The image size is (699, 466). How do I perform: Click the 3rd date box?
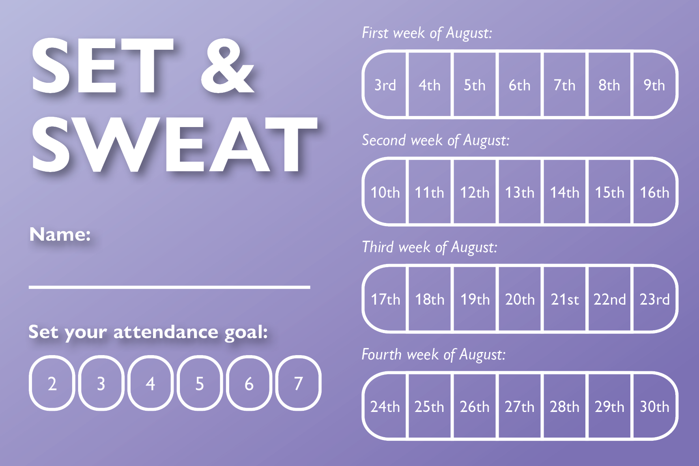pyautogui.click(x=385, y=84)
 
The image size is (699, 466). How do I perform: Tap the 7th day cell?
pyautogui.click(x=564, y=84)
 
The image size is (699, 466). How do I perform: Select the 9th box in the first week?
pyautogui.click(x=655, y=84)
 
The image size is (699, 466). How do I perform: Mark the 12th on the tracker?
pyautogui.click(x=475, y=192)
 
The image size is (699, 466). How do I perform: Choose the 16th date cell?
pyautogui.click(x=655, y=192)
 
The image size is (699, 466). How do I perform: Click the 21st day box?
pyautogui.click(x=564, y=299)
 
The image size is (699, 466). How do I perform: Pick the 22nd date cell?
pyautogui.click(x=609, y=299)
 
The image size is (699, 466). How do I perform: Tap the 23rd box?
pyautogui.click(x=655, y=299)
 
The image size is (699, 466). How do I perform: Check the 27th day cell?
pyautogui.click(x=520, y=406)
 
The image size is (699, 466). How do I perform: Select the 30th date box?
pyautogui.click(x=655, y=406)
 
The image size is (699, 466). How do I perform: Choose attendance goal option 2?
pyautogui.click(x=52, y=383)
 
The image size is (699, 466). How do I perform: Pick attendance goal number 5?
pyautogui.click(x=200, y=383)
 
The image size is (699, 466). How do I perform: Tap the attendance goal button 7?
pyautogui.click(x=299, y=383)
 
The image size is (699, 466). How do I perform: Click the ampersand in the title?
pyautogui.click(x=228, y=66)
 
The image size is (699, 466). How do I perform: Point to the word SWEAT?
pyautogui.click(x=175, y=145)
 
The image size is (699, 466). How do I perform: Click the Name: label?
pyautogui.click(x=60, y=234)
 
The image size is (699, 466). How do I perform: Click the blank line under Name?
pyautogui.click(x=170, y=287)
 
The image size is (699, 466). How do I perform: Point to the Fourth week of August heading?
pyautogui.click(x=434, y=355)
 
